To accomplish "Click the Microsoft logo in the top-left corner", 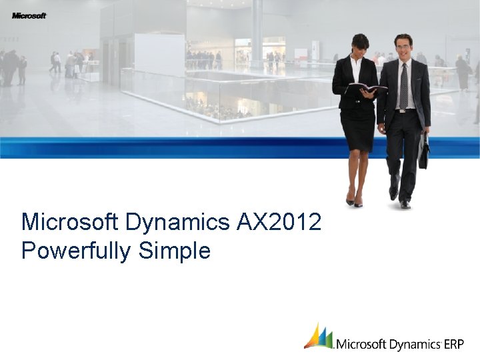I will point(29,15).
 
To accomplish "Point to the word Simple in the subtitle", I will point(175,251).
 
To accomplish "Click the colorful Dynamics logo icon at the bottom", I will point(319,337).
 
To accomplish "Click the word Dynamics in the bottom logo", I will point(414,345).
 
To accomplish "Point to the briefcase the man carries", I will point(423,152).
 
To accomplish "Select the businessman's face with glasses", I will point(403,47).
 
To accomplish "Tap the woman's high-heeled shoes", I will point(354,199).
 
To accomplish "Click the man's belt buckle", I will point(402,110).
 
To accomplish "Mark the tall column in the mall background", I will point(257,30).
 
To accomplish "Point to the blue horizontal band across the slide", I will point(167,147).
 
